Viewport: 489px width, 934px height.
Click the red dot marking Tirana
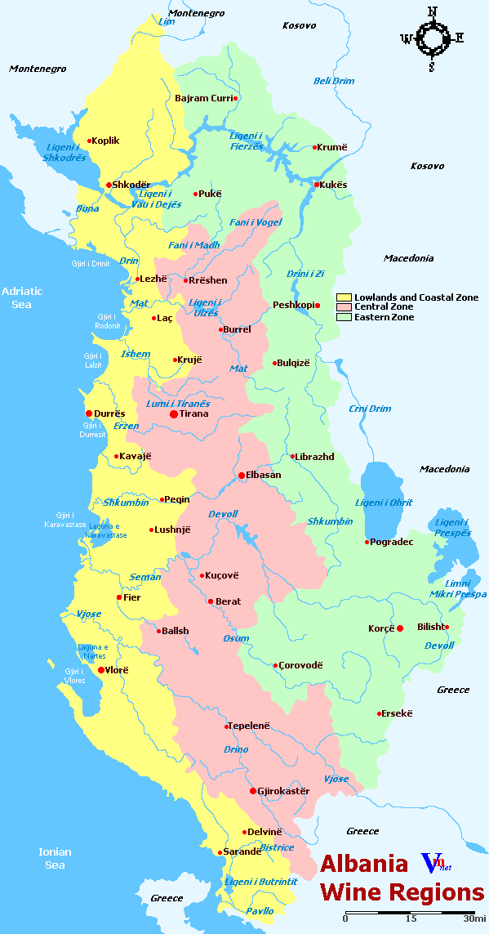click(x=173, y=414)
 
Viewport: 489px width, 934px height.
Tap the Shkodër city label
click(x=131, y=185)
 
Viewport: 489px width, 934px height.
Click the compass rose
click(x=432, y=37)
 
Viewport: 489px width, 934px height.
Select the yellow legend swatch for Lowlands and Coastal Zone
click(x=344, y=297)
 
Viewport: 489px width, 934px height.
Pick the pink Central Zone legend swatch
click(x=344, y=307)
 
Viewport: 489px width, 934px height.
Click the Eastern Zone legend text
click(x=384, y=317)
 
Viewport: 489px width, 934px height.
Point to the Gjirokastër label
click(x=283, y=791)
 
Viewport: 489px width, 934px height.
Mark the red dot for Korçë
click(x=400, y=628)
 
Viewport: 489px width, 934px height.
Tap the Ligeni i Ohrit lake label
click(x=384, y=503)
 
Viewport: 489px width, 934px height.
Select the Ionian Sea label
click(x=55, y=858)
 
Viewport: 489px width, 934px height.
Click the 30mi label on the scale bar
click(x=474, y=918)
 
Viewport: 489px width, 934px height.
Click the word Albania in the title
click(x=363, y=865)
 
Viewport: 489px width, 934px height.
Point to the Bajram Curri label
click(x=203, y=98)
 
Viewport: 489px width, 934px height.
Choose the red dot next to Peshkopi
click(x=318, y=306)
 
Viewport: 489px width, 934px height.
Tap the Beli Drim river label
click(x=334, y=81)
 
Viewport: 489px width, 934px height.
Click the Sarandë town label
click(x=243, y=851)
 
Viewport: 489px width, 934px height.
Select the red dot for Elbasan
click(x=241, y=475)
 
